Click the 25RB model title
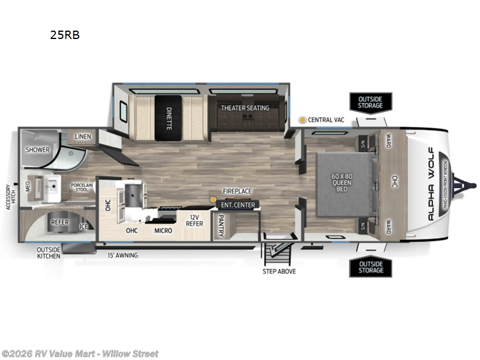[65, 35]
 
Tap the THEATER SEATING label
[245, 108]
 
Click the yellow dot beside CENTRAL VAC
[304, 120]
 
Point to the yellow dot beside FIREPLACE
[212, 199]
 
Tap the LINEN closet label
[83, 137]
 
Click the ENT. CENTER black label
[238, 205]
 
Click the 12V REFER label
[194, 221]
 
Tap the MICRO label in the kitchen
[163, 230]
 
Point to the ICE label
[84, 226]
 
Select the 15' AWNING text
[123, 256]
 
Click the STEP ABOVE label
[279, 271]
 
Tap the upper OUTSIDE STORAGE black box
[370, 102]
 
